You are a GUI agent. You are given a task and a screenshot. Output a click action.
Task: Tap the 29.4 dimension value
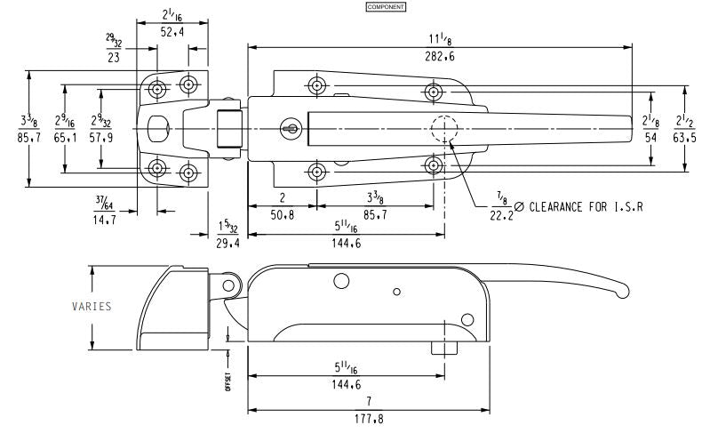coord(222,242)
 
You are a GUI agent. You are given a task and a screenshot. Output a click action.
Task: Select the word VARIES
coord(92,307)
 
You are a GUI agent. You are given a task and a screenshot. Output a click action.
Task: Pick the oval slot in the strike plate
coord(160,129)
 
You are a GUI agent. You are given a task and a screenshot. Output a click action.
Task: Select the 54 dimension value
coord(650,139)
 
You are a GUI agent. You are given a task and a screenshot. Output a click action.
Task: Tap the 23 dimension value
coord(114,58)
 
